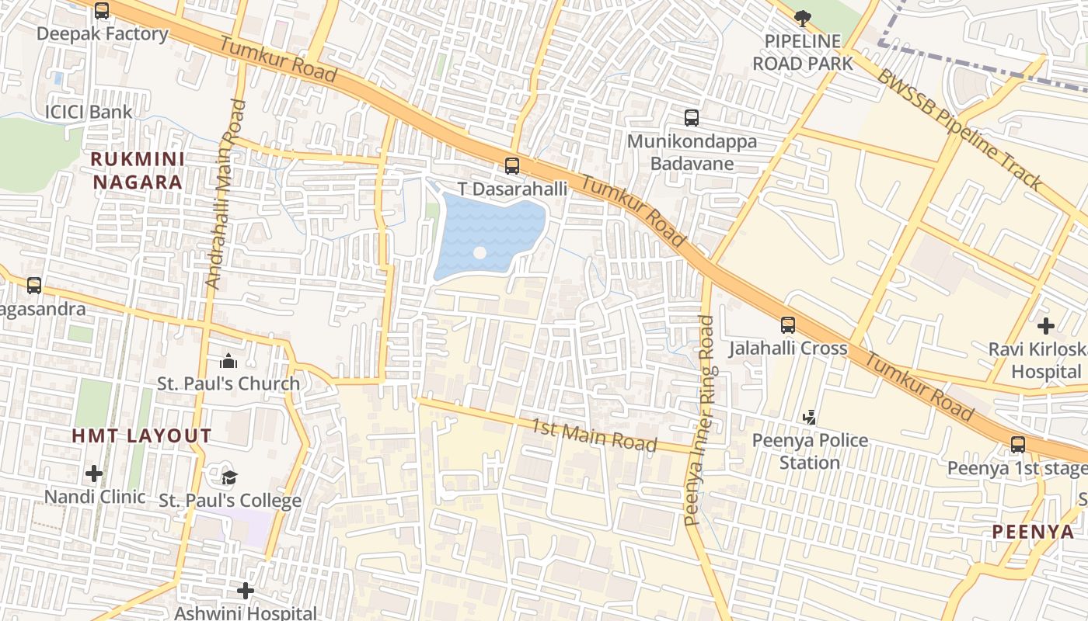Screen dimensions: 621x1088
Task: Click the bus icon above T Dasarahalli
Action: pos(511,165)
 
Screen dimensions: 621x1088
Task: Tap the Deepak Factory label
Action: pos(102,34)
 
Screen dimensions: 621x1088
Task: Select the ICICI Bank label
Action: pos(88,112)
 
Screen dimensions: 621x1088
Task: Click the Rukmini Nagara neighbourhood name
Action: pos(138,171)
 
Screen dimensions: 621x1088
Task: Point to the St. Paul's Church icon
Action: pos(228,361)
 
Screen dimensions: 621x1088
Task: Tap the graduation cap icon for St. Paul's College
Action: pos(229,477)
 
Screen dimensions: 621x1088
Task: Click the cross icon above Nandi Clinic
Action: pos(94,473)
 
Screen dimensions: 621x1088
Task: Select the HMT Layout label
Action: pos(141,436)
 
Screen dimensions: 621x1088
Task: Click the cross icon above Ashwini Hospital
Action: pos(246,591)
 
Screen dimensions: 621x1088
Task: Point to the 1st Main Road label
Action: pos(595,435)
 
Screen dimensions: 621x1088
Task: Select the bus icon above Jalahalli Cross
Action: pos(788,324)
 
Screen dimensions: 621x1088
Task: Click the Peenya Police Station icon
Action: pos(810,417)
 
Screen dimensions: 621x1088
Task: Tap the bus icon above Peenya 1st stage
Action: pos(1018,445)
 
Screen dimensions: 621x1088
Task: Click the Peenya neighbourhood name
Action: pos(1033,533)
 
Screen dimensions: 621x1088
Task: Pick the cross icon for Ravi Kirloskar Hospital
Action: pos(1046,326)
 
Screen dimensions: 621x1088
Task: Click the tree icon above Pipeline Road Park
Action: pos(803,17)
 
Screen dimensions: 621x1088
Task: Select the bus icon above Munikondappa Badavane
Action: pos(692,118)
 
